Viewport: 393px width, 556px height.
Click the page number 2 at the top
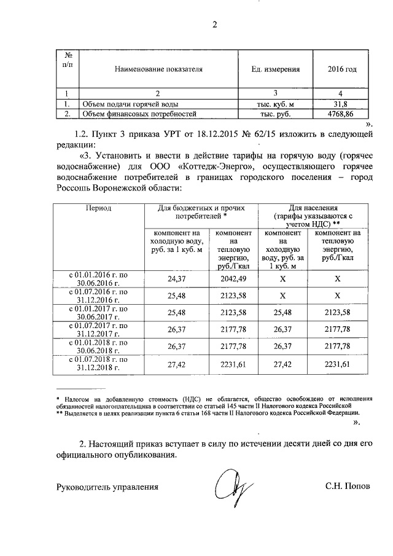click(x=214, y=25)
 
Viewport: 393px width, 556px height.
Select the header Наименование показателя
click(x=158, y=69)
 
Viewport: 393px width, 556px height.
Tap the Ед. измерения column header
click(x=276, y=69)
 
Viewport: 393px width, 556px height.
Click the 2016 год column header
click(x=342, y=69)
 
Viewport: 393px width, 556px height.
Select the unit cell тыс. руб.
click(x=276, y=114)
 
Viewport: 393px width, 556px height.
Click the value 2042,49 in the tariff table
click(x=233, y=278)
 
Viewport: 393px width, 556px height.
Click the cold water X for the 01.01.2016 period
click(x=284, y=278)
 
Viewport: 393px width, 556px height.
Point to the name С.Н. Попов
click(x=348, y=487)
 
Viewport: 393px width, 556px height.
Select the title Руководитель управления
click(x=107, y=487)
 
